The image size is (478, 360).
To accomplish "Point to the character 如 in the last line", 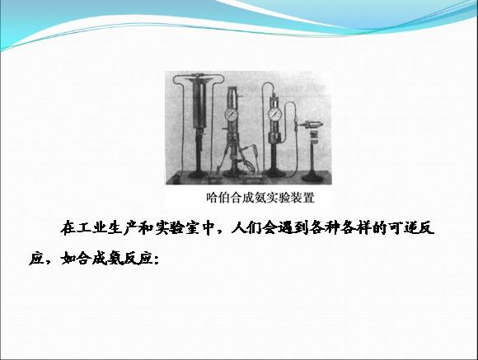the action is click(x=68, y=259).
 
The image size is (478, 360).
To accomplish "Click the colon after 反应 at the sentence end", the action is click(x=157, y=260).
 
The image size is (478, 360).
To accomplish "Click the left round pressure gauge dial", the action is click(x=232, y=115).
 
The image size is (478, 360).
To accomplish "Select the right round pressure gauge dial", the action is click(x=275, y=115).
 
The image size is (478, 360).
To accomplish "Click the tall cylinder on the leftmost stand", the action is click(x=199, y=103).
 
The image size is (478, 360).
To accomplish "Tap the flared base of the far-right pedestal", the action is click(x=313, y=175).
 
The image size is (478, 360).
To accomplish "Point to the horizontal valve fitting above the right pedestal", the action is click(x=311, y=124).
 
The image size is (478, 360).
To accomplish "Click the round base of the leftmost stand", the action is click(x=198, y=175).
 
